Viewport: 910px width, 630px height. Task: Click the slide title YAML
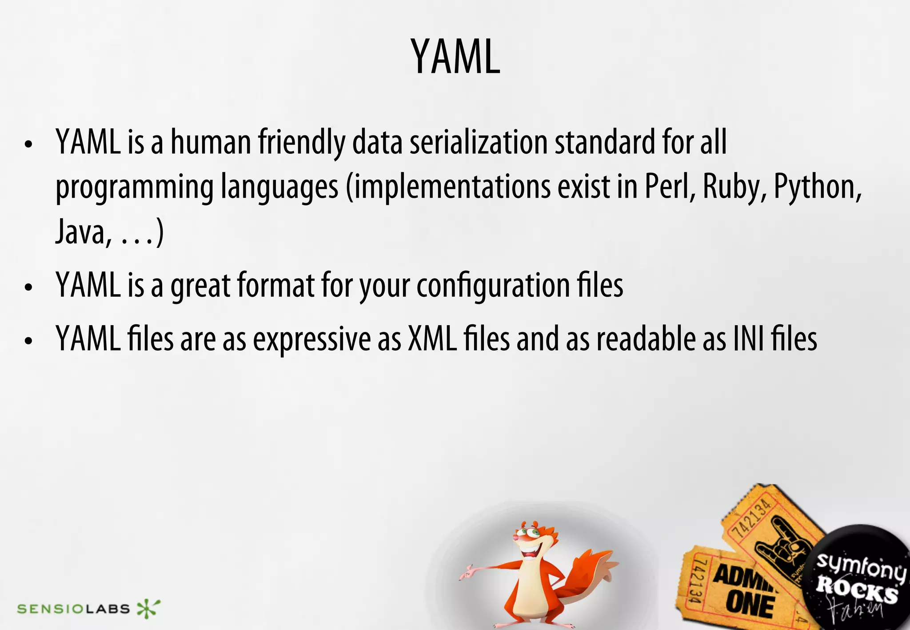[x=455, y=57]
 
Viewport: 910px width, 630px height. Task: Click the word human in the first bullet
[x=211, y=142]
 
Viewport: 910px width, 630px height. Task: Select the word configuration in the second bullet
[x=493, y=286]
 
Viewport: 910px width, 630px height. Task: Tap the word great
[x=200, y=286]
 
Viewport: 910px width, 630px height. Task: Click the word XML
[x=432, y=339]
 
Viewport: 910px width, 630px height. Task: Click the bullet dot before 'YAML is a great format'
[x=29, y=287]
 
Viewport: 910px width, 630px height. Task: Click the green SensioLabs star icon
[x=148, y=608]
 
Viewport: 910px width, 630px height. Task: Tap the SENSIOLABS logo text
[x=73, y=609]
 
